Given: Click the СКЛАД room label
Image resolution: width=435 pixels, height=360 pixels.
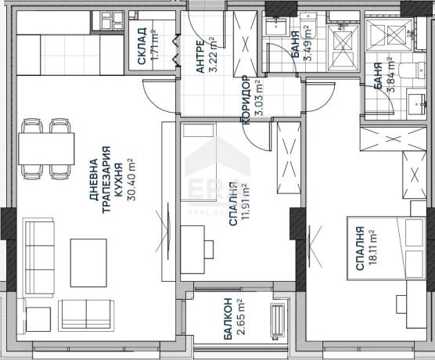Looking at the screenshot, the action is pyautogui.click(x=142, y=46).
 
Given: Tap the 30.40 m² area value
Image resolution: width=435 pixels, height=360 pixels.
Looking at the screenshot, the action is pyautogui.click(x=131, y=179).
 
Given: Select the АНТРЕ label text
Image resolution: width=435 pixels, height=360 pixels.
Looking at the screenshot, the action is pyautogui.click(x=200, y=56).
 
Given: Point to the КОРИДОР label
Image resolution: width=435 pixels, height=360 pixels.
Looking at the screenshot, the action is pyautogui.click(x=246, y=99).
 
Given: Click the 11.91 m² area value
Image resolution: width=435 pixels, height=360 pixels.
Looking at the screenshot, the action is pyautogui.click(x=246, y=201).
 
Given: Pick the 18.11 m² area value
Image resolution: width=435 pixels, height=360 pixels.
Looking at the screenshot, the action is pyautogui.click(x=372, y=247).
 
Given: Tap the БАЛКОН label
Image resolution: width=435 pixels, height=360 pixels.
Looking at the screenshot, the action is pyautogui.click(x=228, y=319).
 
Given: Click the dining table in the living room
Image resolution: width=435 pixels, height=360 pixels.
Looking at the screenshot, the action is pyautogui.click(x=46, y=149).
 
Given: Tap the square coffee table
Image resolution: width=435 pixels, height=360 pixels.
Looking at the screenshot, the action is pyautogui.click(x=88, y=263).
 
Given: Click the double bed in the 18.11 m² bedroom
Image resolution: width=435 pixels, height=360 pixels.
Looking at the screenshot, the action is pyautogui.click(x=386, y=248).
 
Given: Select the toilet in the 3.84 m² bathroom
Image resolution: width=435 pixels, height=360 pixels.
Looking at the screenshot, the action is pyautogui.click(x=412, y=72).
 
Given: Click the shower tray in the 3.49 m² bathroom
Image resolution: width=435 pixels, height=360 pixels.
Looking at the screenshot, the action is pyautogui.click(x=343, y=48).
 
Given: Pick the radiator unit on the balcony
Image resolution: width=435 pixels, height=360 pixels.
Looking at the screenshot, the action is pyautogui.click(x=278, y=320).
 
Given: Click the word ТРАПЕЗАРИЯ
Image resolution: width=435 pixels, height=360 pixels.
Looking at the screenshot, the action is pyautogui.click(x=106, y=179).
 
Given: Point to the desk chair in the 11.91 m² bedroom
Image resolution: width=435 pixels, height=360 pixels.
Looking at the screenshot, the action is pyautogui.click(x=209, y=250).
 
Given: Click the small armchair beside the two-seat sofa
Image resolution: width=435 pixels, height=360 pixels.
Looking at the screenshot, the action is pyautogui.click(x=38, y=319).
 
